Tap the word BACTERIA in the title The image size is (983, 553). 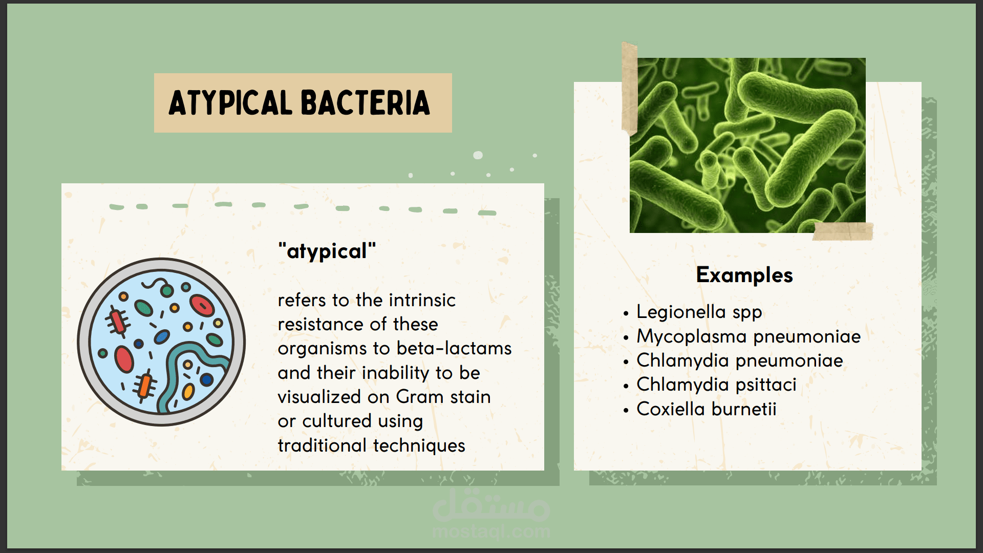[x=366, y=103]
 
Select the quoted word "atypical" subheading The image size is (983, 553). [x=327, y=251]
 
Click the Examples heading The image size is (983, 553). [x=744, y=275]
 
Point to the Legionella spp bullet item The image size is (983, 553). [x=699, y=312]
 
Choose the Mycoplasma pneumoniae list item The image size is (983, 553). [x=749, y=337]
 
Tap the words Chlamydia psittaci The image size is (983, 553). [x=716, y=385]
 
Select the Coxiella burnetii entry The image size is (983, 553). [x=707, y=409]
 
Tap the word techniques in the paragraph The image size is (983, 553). [x=419, y=446]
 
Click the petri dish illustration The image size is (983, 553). [x=161, y=342]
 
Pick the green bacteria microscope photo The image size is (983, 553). [x=747, y=145]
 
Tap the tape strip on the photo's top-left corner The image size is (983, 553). [x=629, y=89]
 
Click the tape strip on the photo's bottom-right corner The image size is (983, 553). [x=843, y=231]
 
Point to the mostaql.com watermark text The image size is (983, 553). [x=491, y=532]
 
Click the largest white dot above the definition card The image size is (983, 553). [x=478, y=155]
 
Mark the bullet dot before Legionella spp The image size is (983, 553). [x=626, y=313]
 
